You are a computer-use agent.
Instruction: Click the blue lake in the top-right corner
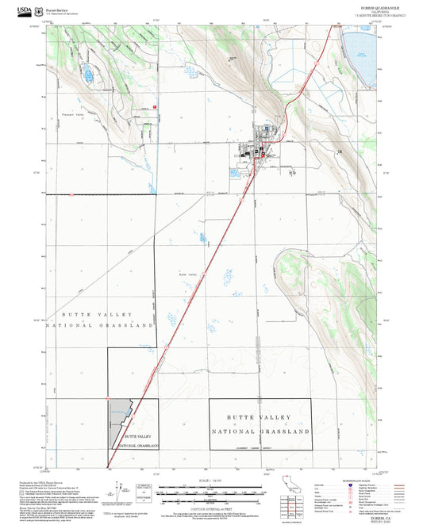point(361,56)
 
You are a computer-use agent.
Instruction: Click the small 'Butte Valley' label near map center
point(187,274)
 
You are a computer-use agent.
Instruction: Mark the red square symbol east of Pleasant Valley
point(155,108)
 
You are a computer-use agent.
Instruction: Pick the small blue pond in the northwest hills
point(87,76)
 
